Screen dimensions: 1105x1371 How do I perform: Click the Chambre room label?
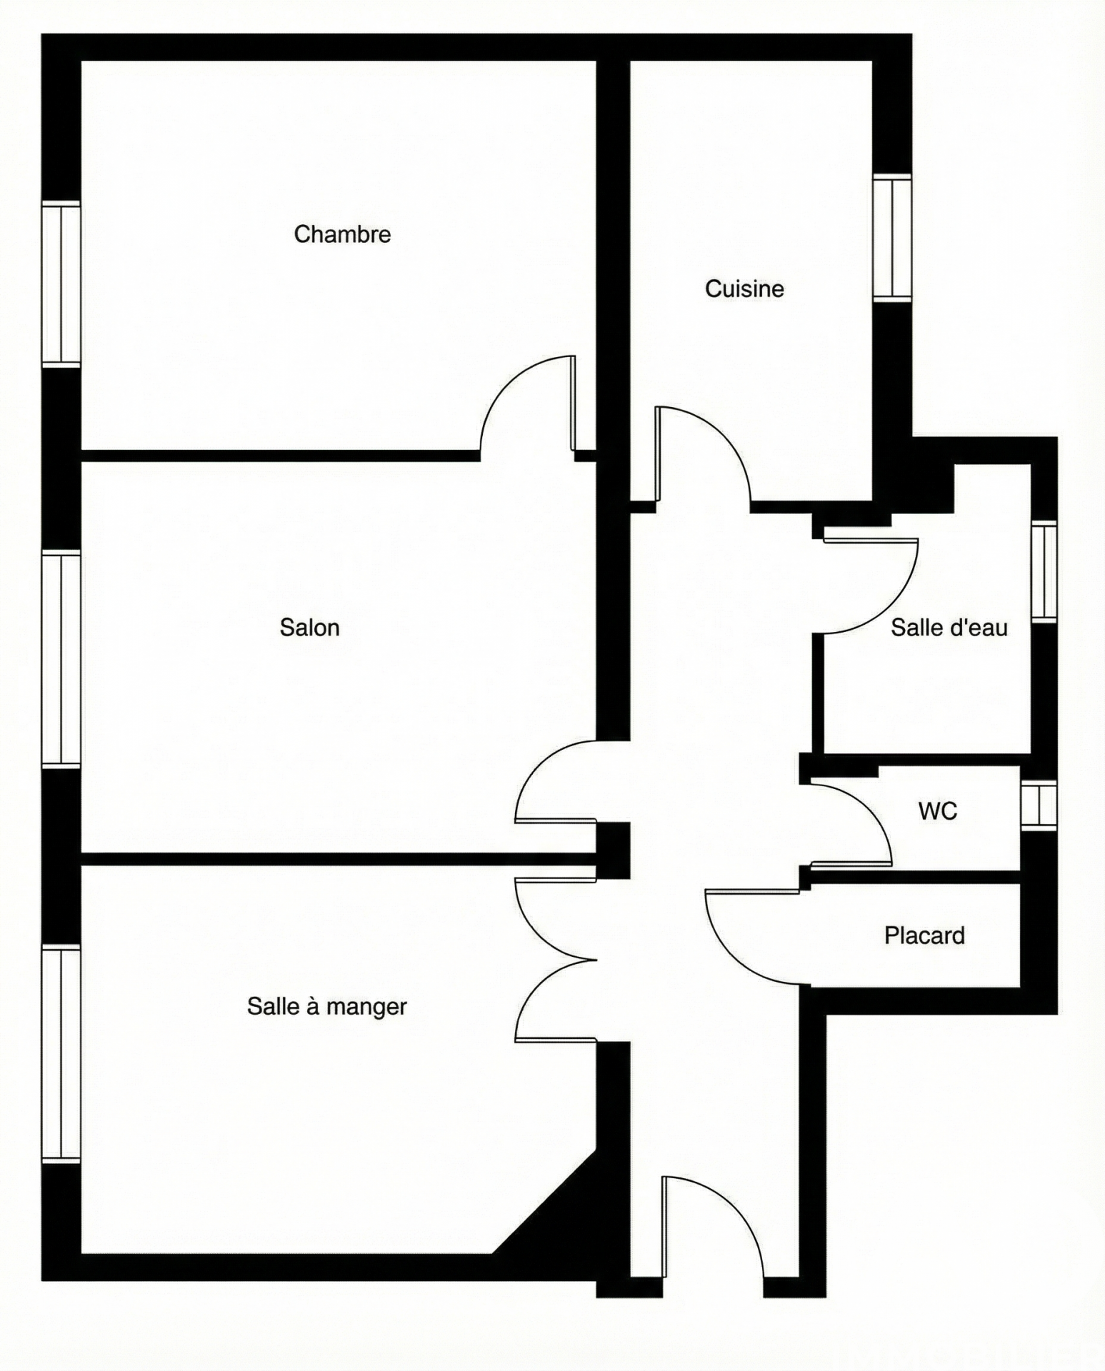tap(342, 234)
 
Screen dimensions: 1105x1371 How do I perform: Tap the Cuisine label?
tap(744, 288)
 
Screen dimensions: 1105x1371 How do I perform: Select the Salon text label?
tap(309, 628)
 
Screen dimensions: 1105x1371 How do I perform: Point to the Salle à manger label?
tap(326, 1006)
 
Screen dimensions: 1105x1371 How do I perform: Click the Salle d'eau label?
tap(949, 628)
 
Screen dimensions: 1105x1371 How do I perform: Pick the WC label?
tap(937, 811)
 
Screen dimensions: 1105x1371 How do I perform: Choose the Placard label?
tap(924, 935)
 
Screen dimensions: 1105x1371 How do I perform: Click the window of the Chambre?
tap(61, 284)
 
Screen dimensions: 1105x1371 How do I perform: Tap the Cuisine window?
tap(892, 237)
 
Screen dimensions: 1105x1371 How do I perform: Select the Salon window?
tap(61, 659)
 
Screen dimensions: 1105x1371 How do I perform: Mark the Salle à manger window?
tap(61, 1054)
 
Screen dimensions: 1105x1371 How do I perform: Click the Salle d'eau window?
tap(1044, 571)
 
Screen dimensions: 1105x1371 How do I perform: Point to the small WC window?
tap(1039, 805)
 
